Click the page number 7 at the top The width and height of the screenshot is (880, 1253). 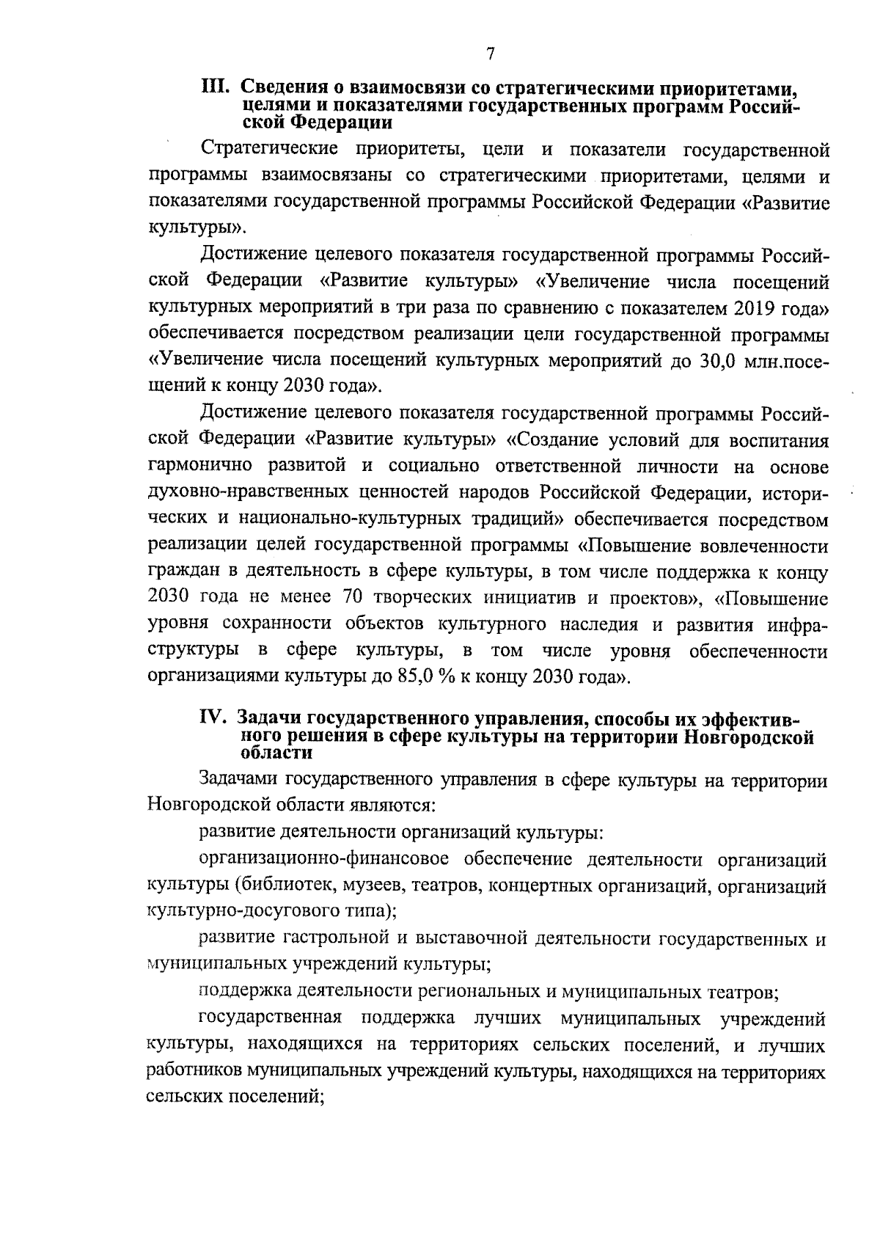coord(490,54)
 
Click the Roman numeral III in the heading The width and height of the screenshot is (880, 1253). coord(217,89)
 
